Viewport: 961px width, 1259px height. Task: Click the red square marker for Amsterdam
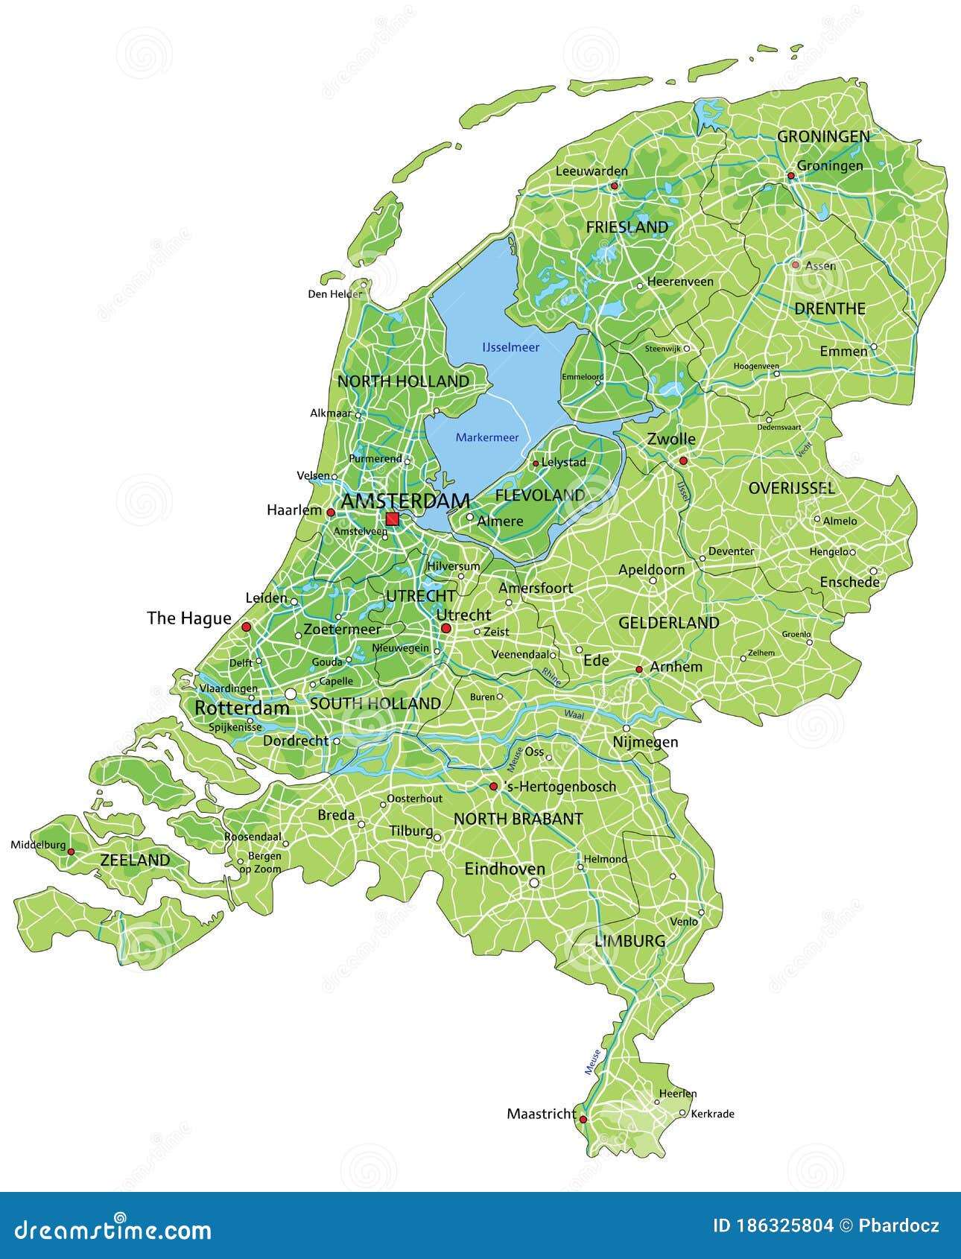tap(393, 519)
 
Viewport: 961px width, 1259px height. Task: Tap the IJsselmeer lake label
tap(510, 347)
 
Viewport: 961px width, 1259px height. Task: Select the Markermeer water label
tap(487, 437)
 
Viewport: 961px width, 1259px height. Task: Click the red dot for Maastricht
tap(583, 1119)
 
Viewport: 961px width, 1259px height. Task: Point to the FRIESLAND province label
tap(627, 226)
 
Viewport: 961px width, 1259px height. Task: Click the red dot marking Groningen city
tap(791, 176)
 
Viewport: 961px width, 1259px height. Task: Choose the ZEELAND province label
tap(135, 860)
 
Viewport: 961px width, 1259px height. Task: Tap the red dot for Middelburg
tap(71, 852)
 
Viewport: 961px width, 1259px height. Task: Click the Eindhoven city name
tap(504, 869)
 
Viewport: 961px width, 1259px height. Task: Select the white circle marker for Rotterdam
tap(291, 694)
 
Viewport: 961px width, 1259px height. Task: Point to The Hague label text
tap(189, 618)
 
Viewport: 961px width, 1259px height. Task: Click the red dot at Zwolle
tap(683, 461)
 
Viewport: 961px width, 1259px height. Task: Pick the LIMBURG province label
tap(629, 941)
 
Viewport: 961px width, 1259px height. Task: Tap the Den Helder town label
tap(334, 294)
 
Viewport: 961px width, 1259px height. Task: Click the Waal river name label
tap(574, 714)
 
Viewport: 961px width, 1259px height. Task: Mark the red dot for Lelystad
tap(535, 463)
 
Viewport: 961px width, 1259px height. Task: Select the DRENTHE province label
tap(829, 308)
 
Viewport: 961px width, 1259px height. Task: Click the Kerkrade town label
tap(712, 1114)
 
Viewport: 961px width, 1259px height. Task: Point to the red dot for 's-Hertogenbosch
tap(493, 787)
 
